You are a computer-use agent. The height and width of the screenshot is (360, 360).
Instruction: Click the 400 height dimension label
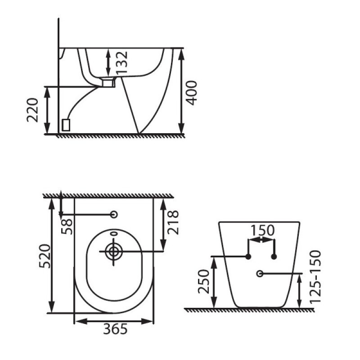[x=191, y=93]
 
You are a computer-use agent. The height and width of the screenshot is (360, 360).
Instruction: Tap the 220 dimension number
[x=32, y=110]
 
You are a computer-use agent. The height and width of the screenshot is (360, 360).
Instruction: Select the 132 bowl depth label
[x=121, y=63]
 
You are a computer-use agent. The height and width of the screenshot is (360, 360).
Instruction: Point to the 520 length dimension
[x=44, y=256]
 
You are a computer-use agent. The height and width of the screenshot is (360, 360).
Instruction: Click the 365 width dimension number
[x=115, y=329]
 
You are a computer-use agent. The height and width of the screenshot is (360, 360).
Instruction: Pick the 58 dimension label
[x=67, y=227]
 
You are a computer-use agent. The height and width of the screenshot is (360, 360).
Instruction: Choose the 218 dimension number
[x=173, y=222]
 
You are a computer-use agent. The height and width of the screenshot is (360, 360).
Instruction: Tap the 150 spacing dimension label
[x=262, y=230]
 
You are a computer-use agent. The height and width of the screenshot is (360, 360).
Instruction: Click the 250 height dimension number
[x=204, y=282]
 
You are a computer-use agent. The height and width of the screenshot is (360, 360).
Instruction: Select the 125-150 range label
[x=315, y=277]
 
